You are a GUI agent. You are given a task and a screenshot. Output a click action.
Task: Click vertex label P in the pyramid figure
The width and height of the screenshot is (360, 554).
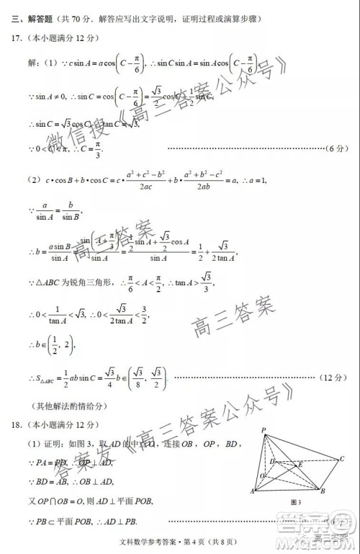click(x=264, y=429)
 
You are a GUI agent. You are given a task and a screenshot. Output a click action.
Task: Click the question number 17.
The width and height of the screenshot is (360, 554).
click(x=17, y=37)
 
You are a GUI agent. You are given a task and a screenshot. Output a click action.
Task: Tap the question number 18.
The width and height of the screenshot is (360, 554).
click(x=17, y=424)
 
